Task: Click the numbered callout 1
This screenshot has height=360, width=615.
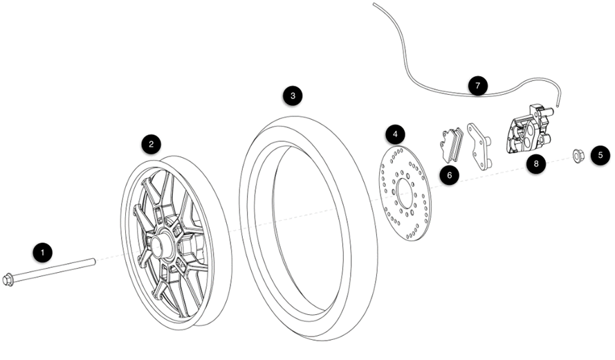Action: tap(42, 253)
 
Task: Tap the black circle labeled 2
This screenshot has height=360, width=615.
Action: tap(152, 145)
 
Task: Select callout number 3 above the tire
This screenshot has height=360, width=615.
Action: tap(293, 96)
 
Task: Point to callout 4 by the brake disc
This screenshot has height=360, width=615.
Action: tap(395, 134)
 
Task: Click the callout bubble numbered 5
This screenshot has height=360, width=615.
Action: tap(600, 155)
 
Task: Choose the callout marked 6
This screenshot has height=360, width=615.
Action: tap(450, 175)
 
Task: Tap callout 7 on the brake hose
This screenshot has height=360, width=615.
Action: tap(477, 86)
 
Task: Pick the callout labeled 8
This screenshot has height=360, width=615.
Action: tap(536, 163)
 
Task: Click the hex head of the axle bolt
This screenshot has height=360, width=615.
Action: tap(8, 280)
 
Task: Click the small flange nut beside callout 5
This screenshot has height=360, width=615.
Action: tap(578, 155)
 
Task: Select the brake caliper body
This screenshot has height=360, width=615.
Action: tap(528, 129)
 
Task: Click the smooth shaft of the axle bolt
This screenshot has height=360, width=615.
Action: tap(54, 270)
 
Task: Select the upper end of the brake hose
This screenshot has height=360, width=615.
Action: tap(374, 4)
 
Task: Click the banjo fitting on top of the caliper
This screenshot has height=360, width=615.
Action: tap(538, 109)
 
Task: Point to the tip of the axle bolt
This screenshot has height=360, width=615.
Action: tap(94, 262)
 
